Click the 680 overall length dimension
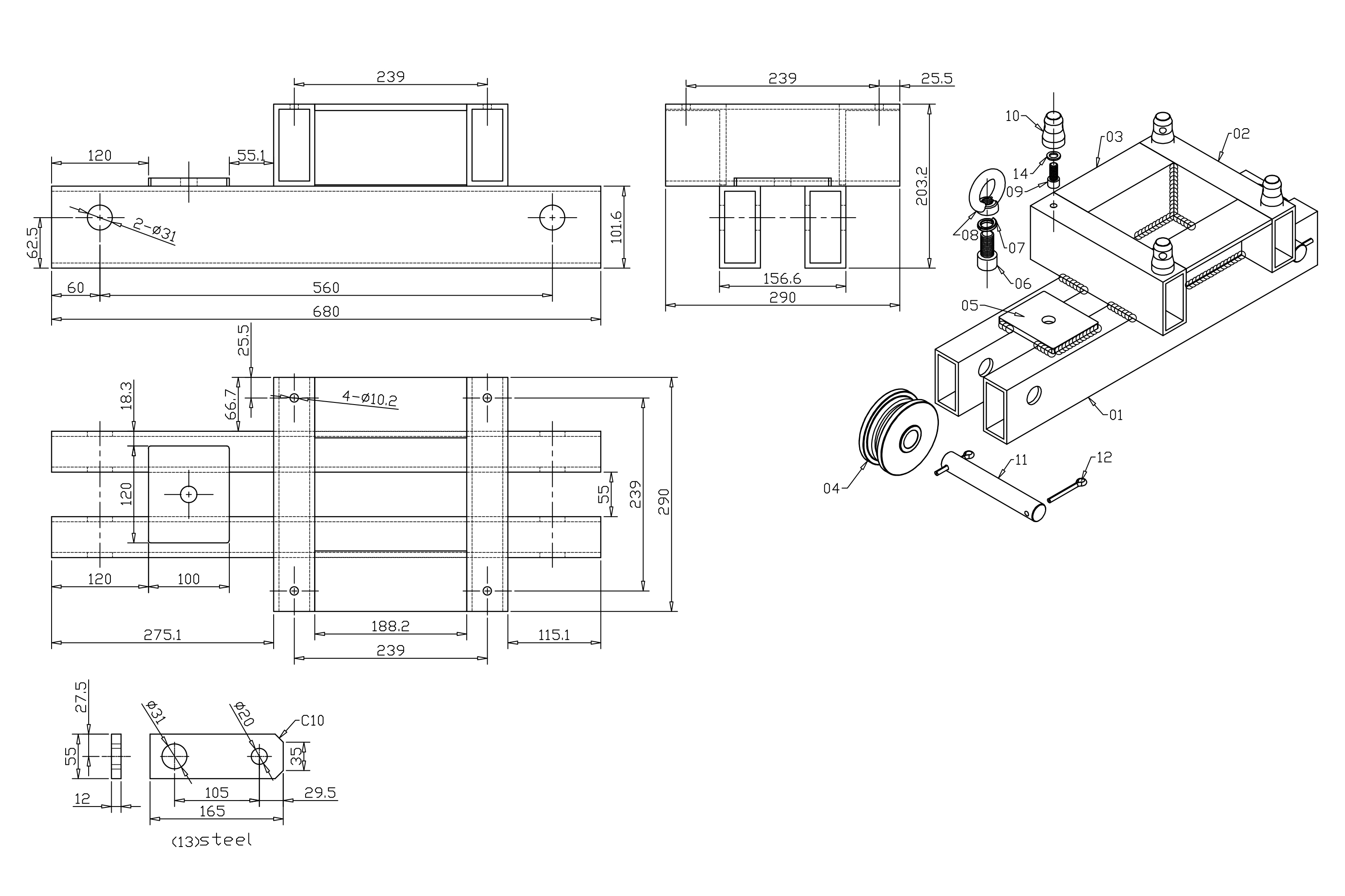[x=326, y=311]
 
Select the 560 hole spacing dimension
[x=326, y=287]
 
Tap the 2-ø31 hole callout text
[x=154, y=229]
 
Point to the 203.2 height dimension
[x=921, y=186]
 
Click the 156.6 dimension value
[x=782, y=279]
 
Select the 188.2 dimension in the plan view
[x=390, y=626]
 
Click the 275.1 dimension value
[x=162, y=635]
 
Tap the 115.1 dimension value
[x=554, y=635]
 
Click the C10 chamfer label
[x=312, y=721]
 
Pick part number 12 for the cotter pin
[x=1104, y=457]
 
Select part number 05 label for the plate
[x=970, y=306]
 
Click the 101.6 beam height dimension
[x=616, y=227]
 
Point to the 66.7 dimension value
[x=231, y=404]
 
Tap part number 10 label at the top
[x=1012, y=116]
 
